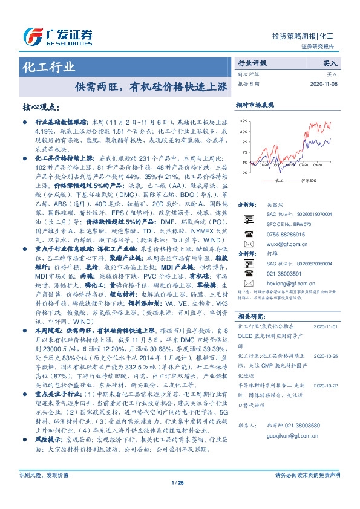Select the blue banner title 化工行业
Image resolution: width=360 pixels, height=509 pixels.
pyautogui.click(x=48, y=66)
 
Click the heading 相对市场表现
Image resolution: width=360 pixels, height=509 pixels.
pyautogui.click(x=255, y=104)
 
